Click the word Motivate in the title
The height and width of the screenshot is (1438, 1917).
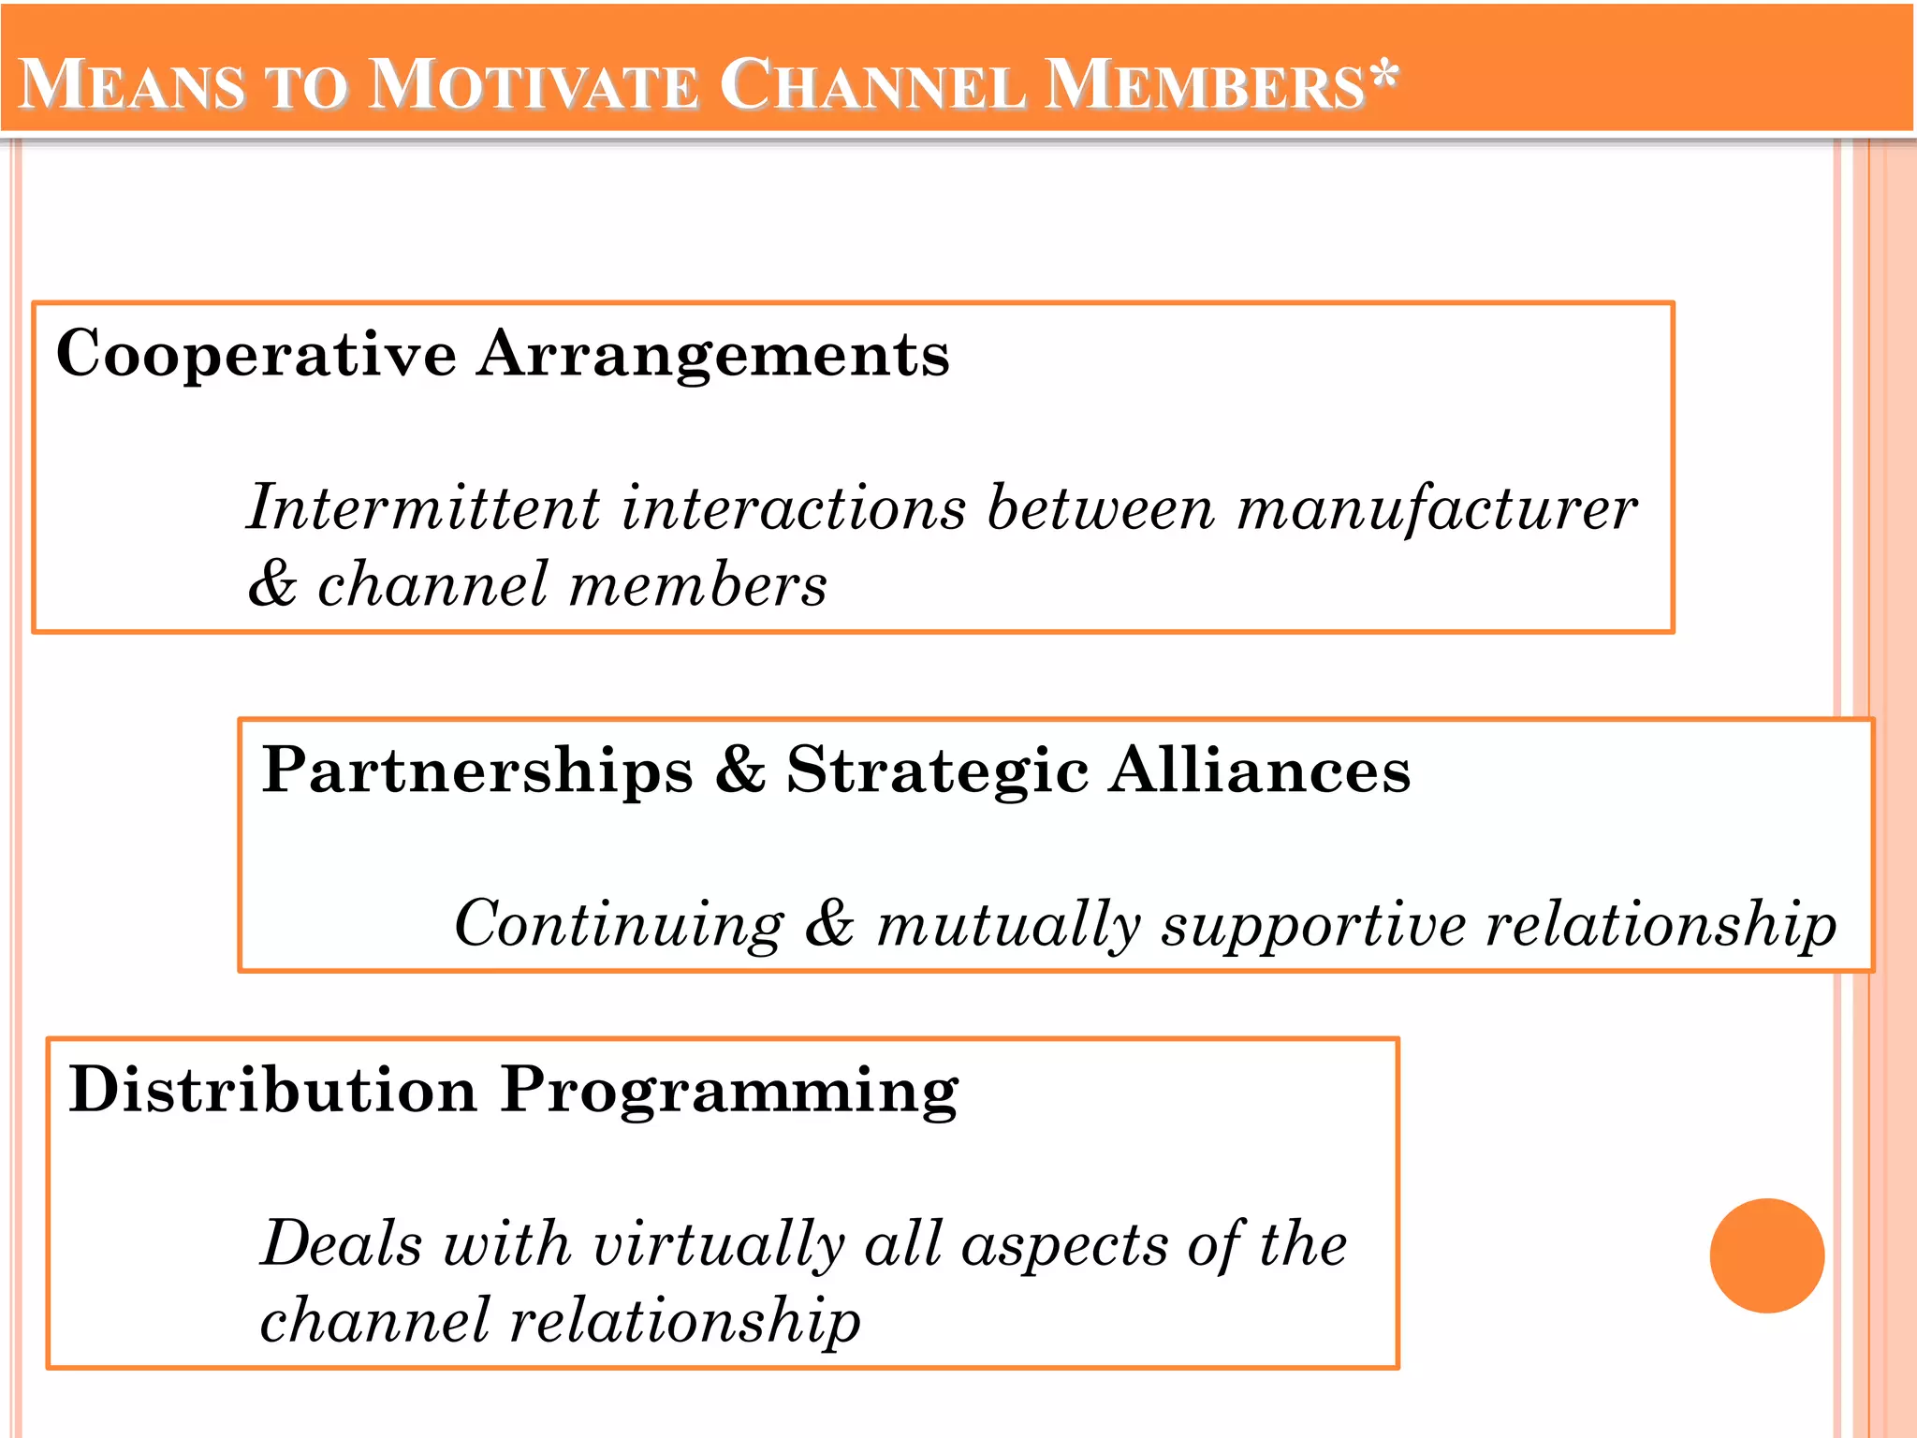click(x=534, y=86)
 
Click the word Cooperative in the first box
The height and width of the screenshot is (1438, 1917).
click(x=256, y=356)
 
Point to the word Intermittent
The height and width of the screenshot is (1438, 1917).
click(x=423, y=508)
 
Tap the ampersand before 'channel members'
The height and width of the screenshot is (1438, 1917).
click(x=272, y=584)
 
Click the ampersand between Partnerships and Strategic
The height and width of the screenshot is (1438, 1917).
click(x=739, y=770)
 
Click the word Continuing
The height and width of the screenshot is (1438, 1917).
click(x=619, y=925)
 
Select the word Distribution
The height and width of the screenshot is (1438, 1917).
click(x=272, y=1091)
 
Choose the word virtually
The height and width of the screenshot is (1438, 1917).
click(x=719, y=1246)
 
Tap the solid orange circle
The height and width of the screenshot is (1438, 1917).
click(x=1766, y=1255)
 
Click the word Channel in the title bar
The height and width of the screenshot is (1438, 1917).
click(x=871, y=86)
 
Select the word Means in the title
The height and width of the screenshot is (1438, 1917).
click(x=132, y=86)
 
